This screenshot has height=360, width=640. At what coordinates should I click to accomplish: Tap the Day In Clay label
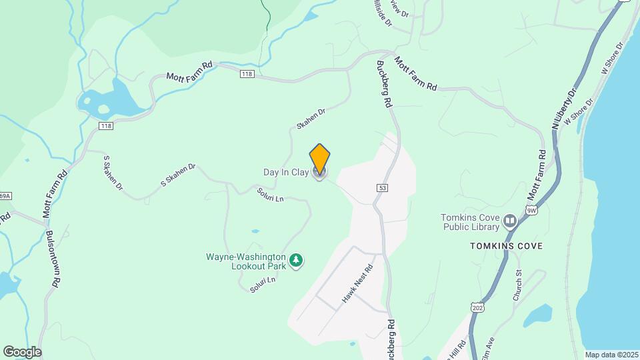point(285,173)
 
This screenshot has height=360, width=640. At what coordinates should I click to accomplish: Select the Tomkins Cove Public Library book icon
point(510,221)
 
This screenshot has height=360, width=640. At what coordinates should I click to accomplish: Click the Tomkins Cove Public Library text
point(471,221)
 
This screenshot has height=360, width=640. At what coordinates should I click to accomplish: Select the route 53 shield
point(381,188)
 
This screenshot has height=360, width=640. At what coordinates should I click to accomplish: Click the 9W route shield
point(531,211)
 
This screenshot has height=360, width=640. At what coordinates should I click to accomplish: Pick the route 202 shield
point(477,307)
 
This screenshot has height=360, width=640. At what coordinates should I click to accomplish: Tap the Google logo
point(22,351)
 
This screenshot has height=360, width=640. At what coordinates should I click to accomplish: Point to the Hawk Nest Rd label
point(356,285)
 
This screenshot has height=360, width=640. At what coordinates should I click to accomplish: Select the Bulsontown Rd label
point(53,259)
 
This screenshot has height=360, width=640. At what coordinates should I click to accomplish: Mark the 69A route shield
point(5,196)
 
